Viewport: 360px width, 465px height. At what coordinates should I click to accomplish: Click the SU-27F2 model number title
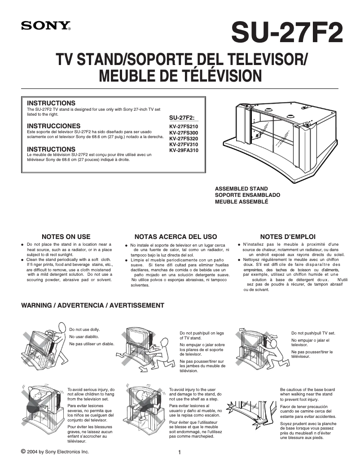pyautogui.click(x=287, y=33)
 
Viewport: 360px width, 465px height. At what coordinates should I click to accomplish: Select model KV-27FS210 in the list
pyautogui.click(x=183, y=126)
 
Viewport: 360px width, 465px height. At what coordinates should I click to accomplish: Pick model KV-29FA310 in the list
pyautogui.click(x=183, y=150)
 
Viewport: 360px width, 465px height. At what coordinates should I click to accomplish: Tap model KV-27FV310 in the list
pyautogui.click(x=183, y=144)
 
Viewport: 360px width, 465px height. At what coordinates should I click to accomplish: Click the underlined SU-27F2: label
pyautogui.click(x=182, y=117)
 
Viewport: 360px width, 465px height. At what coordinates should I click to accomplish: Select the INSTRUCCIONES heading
pyautogui.click(x=54, y=126)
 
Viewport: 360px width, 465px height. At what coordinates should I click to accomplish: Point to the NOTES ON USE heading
pyautogui.click(x=66, y=236)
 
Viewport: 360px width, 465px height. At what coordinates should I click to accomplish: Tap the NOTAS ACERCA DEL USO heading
pyautogui.click(x=176, y=236)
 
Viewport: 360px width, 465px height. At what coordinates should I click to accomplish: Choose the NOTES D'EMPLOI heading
pyautogui.click(x=288, y=236)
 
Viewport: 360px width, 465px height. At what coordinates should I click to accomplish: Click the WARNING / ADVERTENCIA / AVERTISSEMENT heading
pyautogui.click(x=93, y=305)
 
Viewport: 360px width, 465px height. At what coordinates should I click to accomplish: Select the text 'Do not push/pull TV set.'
pyautogui.click(x=313, y=333)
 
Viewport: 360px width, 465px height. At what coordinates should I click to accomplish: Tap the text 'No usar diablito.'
pyautogui.click(x=84, y=337)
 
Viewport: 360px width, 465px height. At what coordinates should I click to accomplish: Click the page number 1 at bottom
pyautogui.click(x=180, y=452)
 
